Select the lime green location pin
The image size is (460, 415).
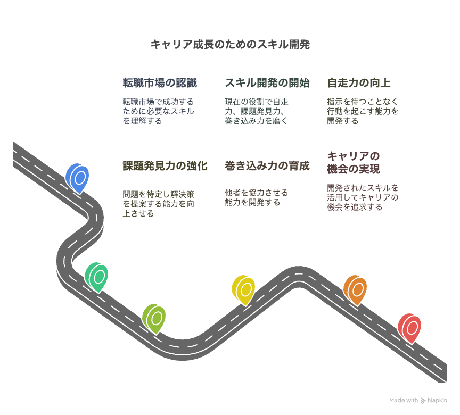pos(154,319)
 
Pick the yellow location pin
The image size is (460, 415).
pos(243,290)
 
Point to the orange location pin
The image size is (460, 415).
pos(355,290)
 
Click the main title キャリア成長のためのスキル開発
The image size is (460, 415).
pos(231,45)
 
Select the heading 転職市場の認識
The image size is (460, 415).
pos(160,83)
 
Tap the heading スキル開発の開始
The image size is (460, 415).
pos(267,83)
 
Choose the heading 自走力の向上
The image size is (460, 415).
pos(358,83)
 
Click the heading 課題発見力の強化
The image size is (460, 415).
pos(165,166)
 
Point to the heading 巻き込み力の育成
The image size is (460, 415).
pos(267,166)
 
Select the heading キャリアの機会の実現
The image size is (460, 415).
pos(354,162)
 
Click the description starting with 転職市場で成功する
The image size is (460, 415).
pos(159,111)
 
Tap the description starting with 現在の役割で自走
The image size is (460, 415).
pos(257,111)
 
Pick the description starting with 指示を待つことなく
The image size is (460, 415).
pos(363,111)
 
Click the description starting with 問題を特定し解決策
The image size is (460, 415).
pos(159,204)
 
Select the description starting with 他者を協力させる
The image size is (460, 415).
pos(257,197)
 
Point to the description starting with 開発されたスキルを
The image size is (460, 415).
pos(363,197)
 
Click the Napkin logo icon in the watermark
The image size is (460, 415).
pos(423,400)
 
